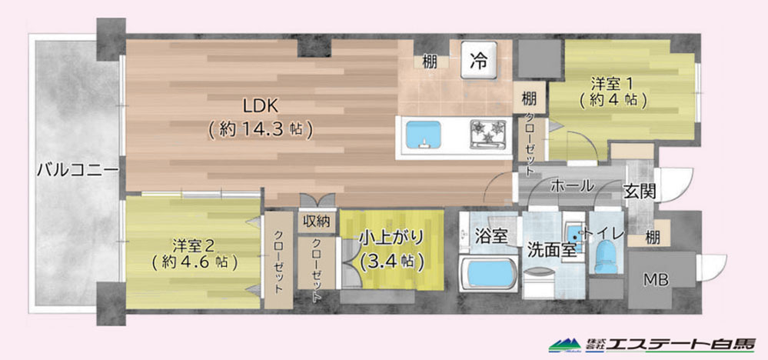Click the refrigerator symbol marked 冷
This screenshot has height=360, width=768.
point(478,60)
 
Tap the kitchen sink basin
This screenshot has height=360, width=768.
point(423,135)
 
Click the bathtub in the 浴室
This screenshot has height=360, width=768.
point(489,275)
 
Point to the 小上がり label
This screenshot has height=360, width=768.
point(391,238)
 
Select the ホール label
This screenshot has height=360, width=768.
point(573,186)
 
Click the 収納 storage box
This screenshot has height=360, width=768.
point(317,222)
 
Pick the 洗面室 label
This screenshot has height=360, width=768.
point(551,250)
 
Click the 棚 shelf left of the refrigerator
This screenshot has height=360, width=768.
point(430,62)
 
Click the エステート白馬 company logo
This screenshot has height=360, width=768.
point(652,345)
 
